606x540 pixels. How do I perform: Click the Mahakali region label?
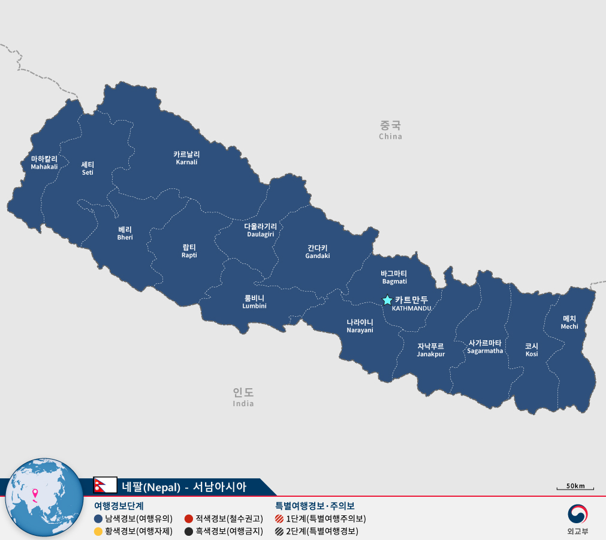tap(44, 163)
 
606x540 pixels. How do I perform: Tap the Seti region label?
tap(88, 168)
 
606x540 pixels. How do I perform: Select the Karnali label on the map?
tap(186, 158)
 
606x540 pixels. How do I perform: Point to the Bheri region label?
tap(125, 233)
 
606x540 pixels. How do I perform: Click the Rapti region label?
tap(189, 251)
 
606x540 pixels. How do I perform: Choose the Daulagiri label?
tap(260, 230)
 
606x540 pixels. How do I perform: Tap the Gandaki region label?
tap(317, 251)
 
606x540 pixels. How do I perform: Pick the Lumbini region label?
tap(254, 302)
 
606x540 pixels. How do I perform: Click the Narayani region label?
tap(360, 326)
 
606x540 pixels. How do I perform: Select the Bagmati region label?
tap(394, 277)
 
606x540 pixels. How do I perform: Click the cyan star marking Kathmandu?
tap(387, 299)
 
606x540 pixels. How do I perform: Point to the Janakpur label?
tap(431, 350)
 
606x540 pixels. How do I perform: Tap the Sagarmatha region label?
tap(485, 347)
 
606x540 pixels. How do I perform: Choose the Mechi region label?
tap(569, 322)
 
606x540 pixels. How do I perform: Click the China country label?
tap(390, 129)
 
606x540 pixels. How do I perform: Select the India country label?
tap(243, 397)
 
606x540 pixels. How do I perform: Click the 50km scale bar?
tap(575, 487)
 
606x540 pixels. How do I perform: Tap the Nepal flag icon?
tap(105, 485)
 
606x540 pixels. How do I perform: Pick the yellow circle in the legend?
tap(98, 531)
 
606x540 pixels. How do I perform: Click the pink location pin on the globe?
tap(35, 494)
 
